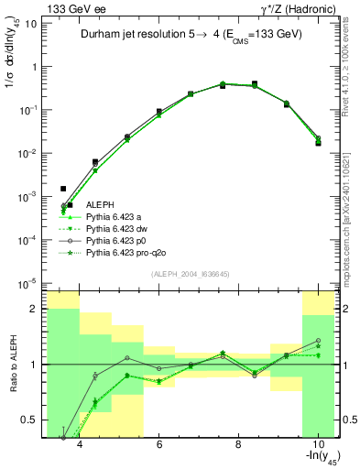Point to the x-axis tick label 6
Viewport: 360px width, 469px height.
coord(159,446)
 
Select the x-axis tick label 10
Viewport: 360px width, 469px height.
coord(317,446)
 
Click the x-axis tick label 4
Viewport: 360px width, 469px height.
coord(80,446)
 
